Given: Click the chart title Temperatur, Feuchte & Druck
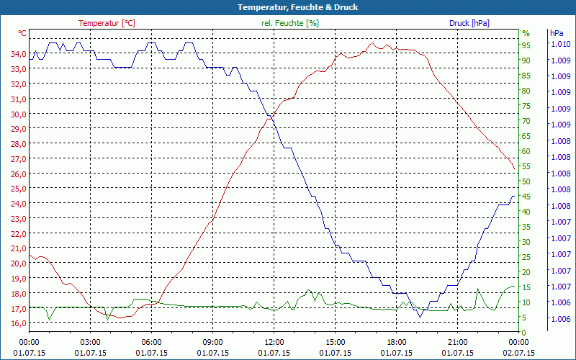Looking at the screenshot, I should click(288, 7).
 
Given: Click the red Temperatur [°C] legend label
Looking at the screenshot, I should click(107, 23).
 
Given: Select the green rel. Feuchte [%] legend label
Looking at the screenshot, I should click(290, 23).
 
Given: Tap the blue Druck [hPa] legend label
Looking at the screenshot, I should click(469, 23).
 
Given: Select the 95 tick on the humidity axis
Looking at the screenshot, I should click(526, 45).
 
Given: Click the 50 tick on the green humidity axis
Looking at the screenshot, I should click(526, 181).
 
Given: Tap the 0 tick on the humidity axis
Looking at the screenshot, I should click(524, 332).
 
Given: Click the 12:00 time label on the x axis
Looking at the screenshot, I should click(275, 342).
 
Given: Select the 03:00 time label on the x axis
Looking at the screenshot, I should click(91, 342).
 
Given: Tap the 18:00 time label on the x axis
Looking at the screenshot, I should click(397, 342).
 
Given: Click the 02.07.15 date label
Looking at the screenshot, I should click(518, 353).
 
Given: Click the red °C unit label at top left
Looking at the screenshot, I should click(22, 33).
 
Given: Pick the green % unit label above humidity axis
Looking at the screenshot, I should click(526, 33).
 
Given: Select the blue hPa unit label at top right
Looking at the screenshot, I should click(557, 33).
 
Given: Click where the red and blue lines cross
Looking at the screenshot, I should click(270, 117).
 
